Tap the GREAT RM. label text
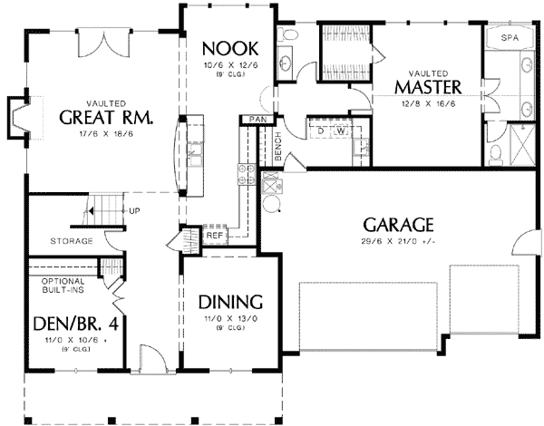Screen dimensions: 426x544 pos(105,119)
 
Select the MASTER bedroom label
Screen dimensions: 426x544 pos(429,87)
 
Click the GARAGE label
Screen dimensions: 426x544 pos(398,224)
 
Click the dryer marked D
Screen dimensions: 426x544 pos(322,131)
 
